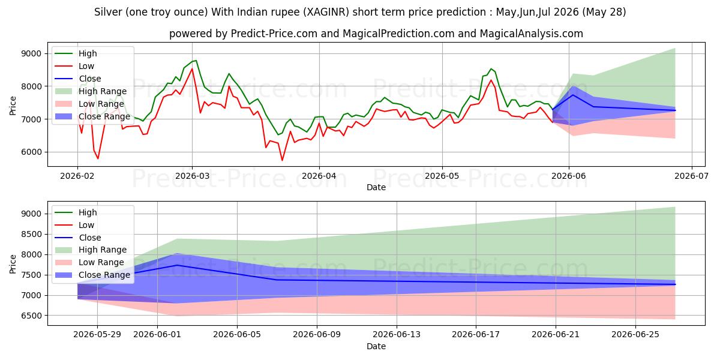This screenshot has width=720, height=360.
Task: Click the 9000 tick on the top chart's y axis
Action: pos(31,53)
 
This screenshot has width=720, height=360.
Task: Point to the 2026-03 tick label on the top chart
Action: pos(192,176)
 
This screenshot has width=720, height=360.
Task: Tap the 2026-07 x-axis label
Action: pos(691,176)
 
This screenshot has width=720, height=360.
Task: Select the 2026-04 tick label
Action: pos(319,176)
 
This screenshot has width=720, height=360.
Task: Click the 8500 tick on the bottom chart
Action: pos(31,235)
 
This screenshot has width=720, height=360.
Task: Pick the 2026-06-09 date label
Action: pos(317,335)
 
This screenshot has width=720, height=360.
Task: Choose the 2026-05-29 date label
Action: pos(97,335)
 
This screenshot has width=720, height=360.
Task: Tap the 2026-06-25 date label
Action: pos(635,335)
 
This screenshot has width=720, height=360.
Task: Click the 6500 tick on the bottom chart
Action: pos(31,316)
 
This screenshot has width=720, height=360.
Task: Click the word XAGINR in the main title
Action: pos(326,12)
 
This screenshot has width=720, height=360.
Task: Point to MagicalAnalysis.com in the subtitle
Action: pos(532,34)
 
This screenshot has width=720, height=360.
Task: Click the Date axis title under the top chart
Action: pos(376,187)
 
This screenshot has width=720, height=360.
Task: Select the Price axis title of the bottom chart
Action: pos(13,264)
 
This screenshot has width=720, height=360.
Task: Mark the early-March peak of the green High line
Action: pos(196,61)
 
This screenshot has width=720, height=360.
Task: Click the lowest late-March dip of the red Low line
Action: pos(282,160)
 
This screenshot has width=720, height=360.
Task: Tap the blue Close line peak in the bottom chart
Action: pos(177,265)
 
